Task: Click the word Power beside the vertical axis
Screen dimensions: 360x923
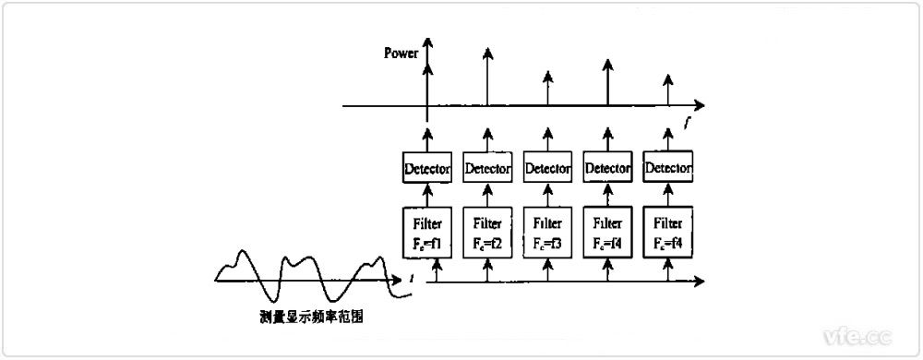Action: coord(402,54)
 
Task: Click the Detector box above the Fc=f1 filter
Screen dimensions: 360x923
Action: coord(426,169)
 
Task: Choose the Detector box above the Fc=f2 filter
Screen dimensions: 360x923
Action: coord(486,169)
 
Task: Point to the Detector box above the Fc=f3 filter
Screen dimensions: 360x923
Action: coord(547,169)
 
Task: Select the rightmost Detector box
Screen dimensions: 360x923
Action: coord(669,168)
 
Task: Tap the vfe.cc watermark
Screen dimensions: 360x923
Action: coord(856,333)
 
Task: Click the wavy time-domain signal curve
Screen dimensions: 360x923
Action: coord(305,272)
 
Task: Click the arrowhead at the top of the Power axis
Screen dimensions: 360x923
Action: coord(426,43)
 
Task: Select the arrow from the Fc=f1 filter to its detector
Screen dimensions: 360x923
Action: coord(426,195)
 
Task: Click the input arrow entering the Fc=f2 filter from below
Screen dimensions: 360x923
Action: coord(486,269)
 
